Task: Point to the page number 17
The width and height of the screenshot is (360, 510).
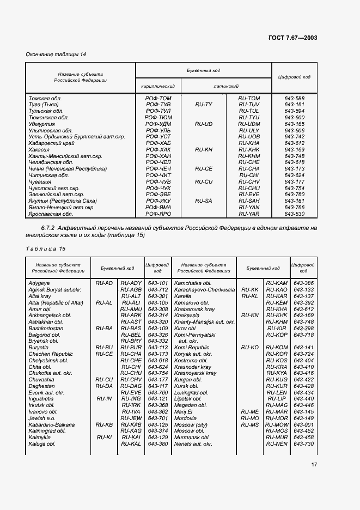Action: coord(314,465)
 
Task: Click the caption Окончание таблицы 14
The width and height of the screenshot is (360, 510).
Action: coord(56,54)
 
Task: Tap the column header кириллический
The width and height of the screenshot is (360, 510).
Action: coord(158,86)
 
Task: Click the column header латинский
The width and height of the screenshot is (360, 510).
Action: coord(226,86)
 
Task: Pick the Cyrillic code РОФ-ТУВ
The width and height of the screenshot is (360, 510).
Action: coord(158,104)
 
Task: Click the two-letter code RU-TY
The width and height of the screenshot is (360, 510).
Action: coord(203,104)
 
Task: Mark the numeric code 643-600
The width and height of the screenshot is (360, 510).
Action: coord(294,117)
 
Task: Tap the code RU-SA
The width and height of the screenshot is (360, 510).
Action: coord(203,201)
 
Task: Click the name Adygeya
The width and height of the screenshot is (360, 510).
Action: coord(39,283)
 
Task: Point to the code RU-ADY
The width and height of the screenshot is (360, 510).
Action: coord(131,283)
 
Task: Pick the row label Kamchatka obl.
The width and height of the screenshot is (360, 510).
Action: coord(192,283)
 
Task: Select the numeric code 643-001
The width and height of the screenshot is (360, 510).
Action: coord(303,424)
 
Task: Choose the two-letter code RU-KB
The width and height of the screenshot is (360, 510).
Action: coord(104,424)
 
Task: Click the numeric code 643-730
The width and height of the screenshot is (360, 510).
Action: coord(303,444)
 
